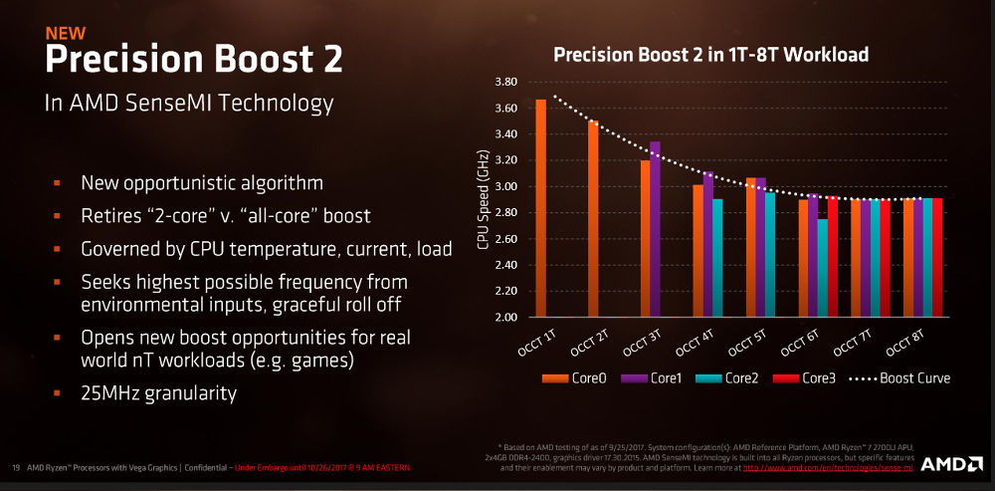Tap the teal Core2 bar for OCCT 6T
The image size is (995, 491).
point(822,268)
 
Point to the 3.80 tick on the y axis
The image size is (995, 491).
point(504,82)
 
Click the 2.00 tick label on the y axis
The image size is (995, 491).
point(504,318)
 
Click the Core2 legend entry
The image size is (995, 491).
point(732,378)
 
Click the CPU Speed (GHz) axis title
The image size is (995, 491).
point(484,199)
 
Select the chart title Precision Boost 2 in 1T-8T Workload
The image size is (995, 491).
point(710,55)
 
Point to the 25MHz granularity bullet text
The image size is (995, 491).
point(158,393)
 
